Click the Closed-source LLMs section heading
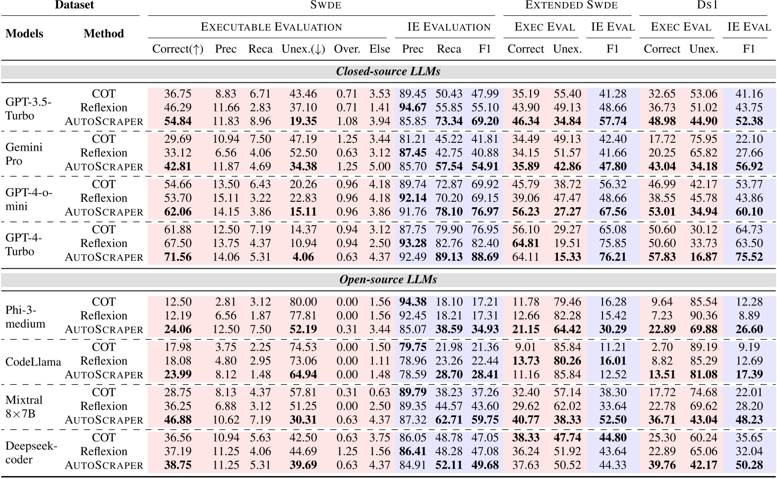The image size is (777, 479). [x=388, y=71]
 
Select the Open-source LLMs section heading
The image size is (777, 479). [x=388, y=280]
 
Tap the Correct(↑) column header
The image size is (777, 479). [x=178, y=49]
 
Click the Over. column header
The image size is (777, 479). [x=347, y=49]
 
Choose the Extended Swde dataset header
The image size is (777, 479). [x=571, y=5]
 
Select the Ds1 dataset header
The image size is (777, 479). [x=706, y=5]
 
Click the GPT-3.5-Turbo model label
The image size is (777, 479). [x=28, y=109]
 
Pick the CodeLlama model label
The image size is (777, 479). [x=33, y=361]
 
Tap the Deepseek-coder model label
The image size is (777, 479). [x=31, y=452]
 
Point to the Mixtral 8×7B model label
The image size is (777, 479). [x=24, y=407]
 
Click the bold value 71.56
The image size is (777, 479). [x=178, y=257]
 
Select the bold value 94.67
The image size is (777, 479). [x=413, y=108]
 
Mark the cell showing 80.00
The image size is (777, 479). [x=303, y=302]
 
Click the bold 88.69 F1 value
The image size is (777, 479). [x=484, y=257]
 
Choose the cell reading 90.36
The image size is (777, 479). [x=703, y=316]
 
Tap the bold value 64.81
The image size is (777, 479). [x=526, y=243]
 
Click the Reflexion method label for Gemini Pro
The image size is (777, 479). [x=104, y=153]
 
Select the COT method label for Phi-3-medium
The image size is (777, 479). [x=104, y=302]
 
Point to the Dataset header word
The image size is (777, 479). [x=74, y=5]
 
